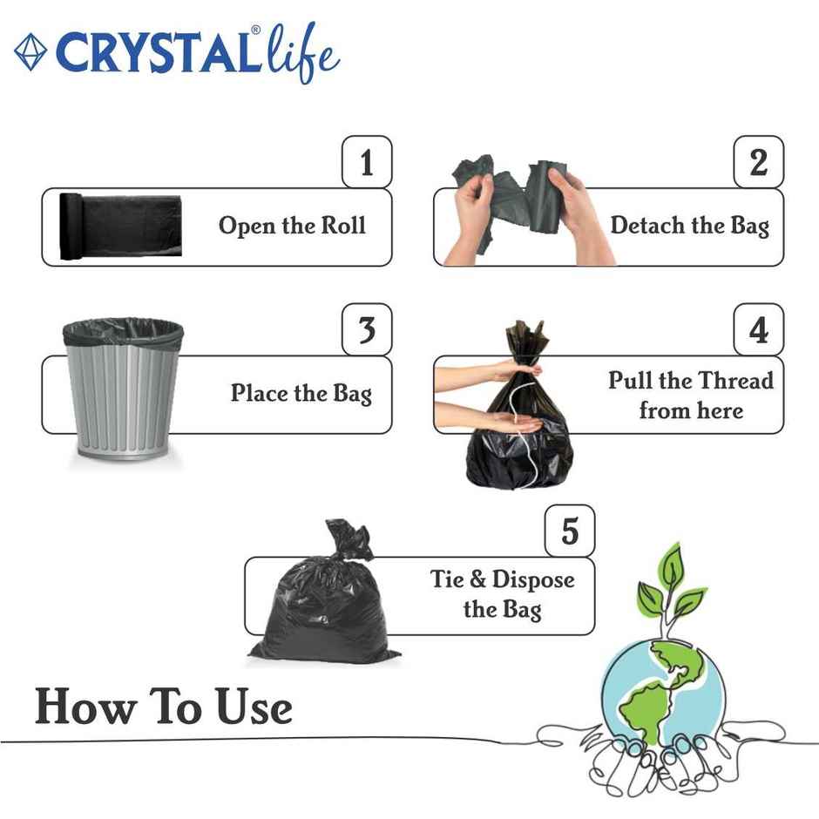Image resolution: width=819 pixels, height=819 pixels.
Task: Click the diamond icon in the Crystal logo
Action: [30, 53]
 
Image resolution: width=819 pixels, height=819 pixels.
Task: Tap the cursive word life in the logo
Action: [301, 53]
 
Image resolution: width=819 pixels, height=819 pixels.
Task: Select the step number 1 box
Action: [367, 162]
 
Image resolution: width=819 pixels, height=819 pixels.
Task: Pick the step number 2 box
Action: [758, 162]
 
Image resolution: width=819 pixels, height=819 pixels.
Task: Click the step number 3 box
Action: [367, 329]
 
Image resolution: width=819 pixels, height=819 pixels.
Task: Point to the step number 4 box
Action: [758, 329]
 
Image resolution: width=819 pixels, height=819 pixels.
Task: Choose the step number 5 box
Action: [570, 531]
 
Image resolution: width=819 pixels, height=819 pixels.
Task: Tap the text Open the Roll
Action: [292, 226]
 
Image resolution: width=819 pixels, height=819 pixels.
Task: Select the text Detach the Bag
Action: [689, 226]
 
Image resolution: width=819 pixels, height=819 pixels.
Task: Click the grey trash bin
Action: [123, 392]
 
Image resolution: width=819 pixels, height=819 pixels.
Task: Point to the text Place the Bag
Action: [301, 393]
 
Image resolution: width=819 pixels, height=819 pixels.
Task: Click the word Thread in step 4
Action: [729, 381]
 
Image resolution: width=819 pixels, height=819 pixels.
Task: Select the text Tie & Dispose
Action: [502, 579]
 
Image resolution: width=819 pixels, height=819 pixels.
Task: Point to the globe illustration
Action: [662, 688]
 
